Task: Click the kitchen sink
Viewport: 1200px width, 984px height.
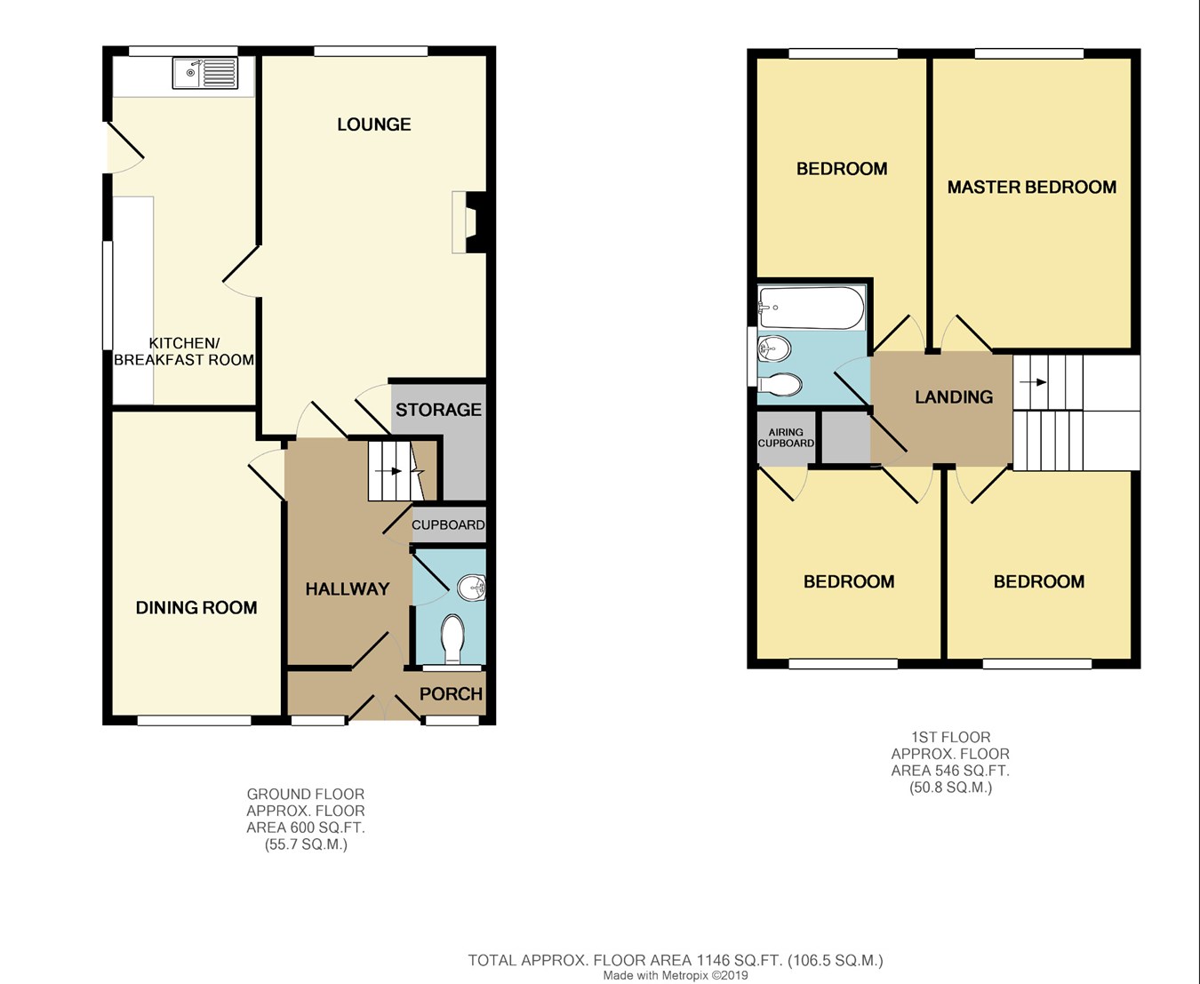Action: point(204,73)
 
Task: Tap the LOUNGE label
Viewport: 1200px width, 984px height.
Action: point(374,124)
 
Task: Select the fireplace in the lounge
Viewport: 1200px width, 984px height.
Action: point(469,222)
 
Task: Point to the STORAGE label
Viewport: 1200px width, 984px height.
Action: point(438,410)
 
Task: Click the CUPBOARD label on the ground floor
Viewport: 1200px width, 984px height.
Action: point(448,524)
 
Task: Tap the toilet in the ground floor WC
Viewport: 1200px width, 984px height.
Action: point(453,638)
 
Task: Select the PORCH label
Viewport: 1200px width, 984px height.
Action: point(451,693)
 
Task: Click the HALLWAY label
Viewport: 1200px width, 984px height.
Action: point(347,589)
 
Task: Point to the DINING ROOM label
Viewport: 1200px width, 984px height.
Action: point(196,608)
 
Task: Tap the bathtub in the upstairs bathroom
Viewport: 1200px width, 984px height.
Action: point(812,308)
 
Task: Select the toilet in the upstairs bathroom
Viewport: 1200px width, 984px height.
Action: point(780,385)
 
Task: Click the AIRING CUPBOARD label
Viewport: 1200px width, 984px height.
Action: point(786,437)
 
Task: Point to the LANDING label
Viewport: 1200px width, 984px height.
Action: point(954,397)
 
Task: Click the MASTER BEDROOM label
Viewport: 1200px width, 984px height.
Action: point(1032,188)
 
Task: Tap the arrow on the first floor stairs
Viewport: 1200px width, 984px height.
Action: point(1033,382)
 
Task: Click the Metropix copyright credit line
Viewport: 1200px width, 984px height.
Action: point(676,975)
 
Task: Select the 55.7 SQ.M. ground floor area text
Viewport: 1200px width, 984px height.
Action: point(306,844)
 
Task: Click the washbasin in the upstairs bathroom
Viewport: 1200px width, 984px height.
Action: point(774,348)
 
